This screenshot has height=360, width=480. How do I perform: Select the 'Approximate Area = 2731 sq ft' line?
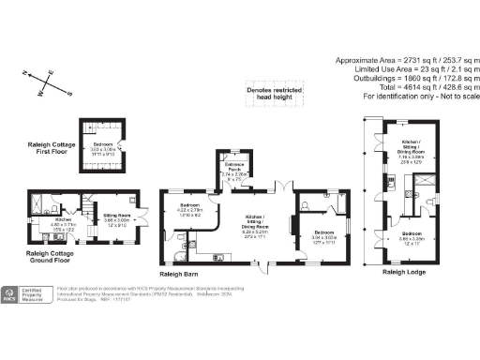point(404,60)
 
